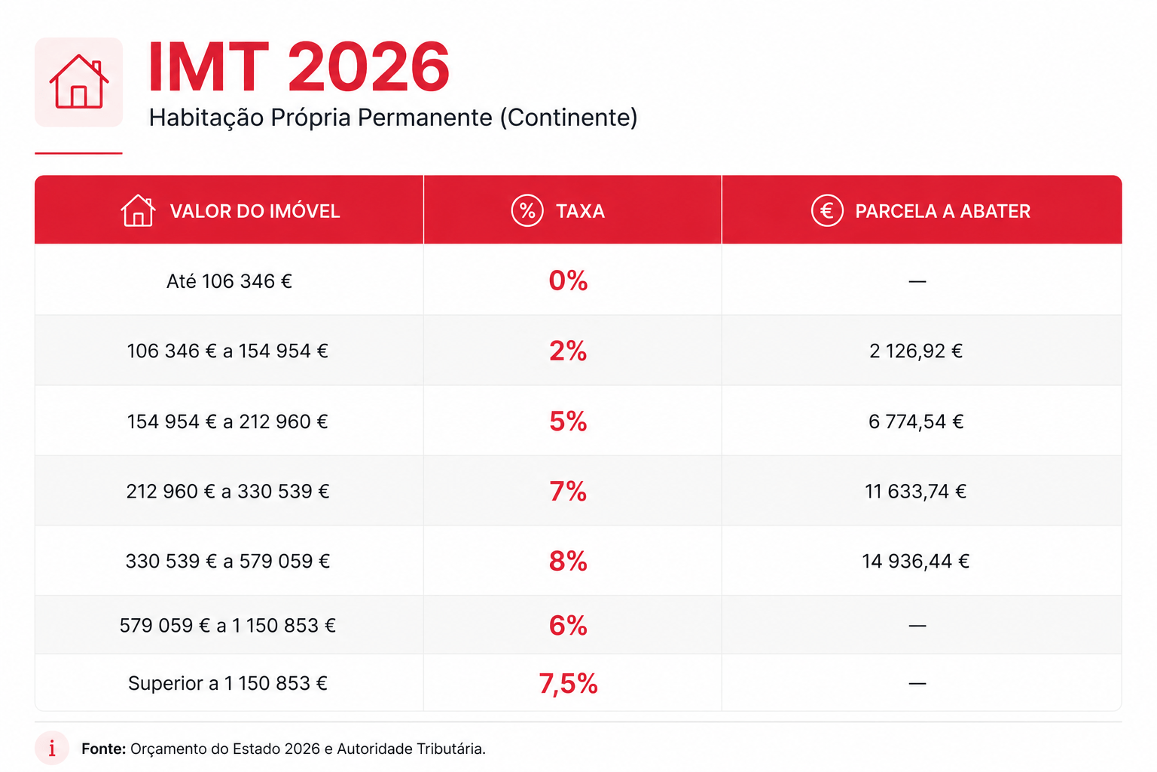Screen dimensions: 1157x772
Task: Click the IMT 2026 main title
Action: (x=298, y=66)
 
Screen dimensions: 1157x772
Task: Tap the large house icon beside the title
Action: (x=78, y=81)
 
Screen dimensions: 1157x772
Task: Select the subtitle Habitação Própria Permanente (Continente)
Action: (x=393, y=118)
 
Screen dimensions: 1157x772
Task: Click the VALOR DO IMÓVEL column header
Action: (x=255, y=211)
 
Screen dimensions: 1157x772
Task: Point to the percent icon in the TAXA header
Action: (x=527, y=210)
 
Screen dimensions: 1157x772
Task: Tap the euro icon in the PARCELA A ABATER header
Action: (x=827, y=210)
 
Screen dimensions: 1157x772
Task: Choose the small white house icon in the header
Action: (x=138, y=210)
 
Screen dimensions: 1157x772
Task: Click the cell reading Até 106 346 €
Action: (x=229, y=281)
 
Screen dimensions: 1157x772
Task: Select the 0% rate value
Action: (x=568, y=280)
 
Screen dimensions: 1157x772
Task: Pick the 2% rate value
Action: (x=568, y=351)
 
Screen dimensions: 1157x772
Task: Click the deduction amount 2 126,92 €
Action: (x=916, y=351)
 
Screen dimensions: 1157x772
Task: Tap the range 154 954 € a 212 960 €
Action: (x=227, y=421)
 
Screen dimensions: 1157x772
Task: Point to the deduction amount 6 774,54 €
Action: (x=916, y=421)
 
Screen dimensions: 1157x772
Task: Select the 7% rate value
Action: (x=568, y=491)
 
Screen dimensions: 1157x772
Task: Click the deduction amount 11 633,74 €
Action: (x=915, y=492)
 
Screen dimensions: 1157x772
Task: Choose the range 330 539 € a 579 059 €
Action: (x=227, y=561)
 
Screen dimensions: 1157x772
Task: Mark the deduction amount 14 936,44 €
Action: (x=915, y=561)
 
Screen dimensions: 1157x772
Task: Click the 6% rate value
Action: (x=568, y=625)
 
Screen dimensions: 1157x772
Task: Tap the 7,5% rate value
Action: (x=568, y=684)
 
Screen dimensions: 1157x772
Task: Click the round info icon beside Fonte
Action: (x=52, y=748)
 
